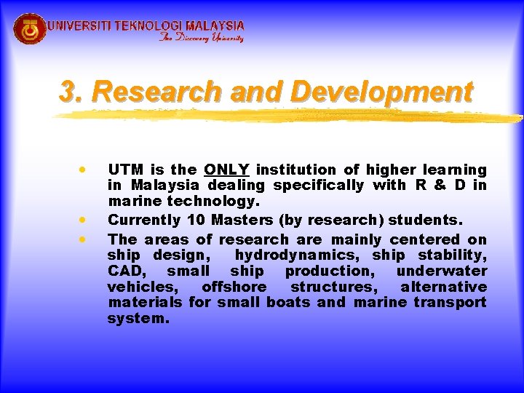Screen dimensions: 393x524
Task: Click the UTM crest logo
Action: click(x=30, y=29)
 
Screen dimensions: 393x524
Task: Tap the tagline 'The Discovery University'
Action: click(x=202, y=38)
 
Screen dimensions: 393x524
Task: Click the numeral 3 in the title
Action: click(x=68, y=92)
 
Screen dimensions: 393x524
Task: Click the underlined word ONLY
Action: click(x=227, y=170)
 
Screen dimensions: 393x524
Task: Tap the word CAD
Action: click(x=124, y=271)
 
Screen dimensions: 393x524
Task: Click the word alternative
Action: click(x=443, y=287)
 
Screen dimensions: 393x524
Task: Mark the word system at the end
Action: click(x=138, y=318)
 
